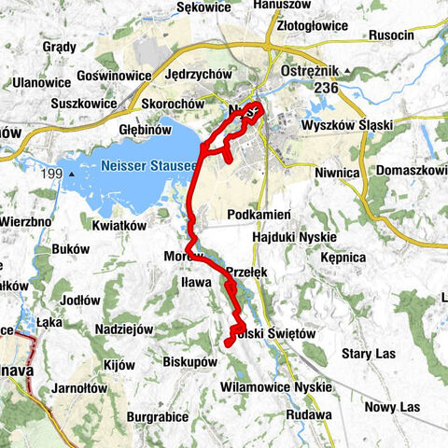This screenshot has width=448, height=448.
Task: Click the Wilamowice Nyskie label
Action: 275,386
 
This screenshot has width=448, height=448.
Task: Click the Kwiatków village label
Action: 121,225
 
